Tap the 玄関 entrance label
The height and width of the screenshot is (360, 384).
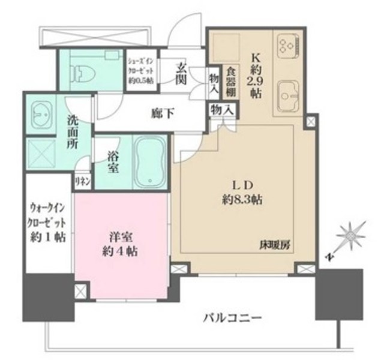[x=181, y=75]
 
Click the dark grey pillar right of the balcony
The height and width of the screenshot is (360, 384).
[x=339, y=295]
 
